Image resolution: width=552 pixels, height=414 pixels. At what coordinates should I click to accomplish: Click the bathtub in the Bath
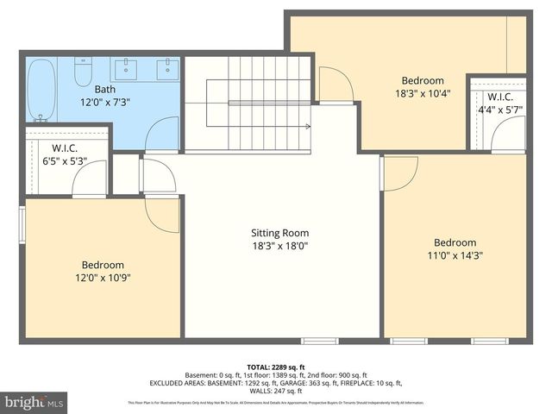tap(40, 90)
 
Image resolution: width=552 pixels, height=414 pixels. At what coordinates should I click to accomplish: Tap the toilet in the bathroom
tap(84, 72)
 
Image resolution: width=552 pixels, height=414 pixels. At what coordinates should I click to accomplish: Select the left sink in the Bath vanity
tap(129, 68)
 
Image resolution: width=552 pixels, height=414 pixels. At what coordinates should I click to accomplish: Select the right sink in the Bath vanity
tap(166, 68)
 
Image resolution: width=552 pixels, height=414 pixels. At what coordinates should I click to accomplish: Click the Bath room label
tap(104, 89)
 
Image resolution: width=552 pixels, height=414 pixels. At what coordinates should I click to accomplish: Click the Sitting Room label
tap(279, 233)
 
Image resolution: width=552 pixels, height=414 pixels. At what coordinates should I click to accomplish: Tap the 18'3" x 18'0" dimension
tap(279, 246)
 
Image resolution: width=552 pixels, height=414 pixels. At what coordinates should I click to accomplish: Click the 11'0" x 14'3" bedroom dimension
tap(455, 255)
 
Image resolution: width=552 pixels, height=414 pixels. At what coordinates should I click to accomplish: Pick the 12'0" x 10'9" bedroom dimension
tap(103, 278)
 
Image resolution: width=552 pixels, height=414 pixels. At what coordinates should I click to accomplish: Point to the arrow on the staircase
tap(305, 126)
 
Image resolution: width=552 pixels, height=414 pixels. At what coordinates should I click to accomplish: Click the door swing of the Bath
tap(161, 135)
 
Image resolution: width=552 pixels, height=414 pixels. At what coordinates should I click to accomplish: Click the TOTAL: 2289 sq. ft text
tap(276, 367)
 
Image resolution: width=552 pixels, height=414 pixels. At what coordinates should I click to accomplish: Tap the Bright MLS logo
tap(34, 402)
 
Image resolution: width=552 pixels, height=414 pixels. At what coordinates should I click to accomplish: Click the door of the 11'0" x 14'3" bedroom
tap(399, 172)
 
